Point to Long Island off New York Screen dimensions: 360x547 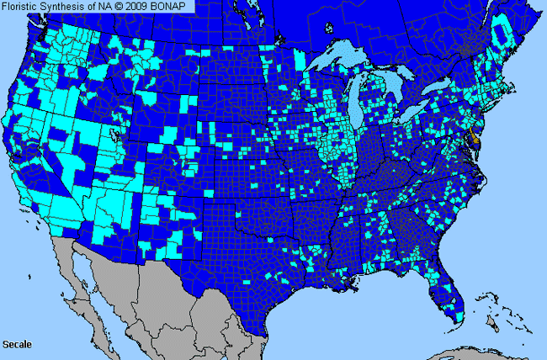click(x=496, y=103)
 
